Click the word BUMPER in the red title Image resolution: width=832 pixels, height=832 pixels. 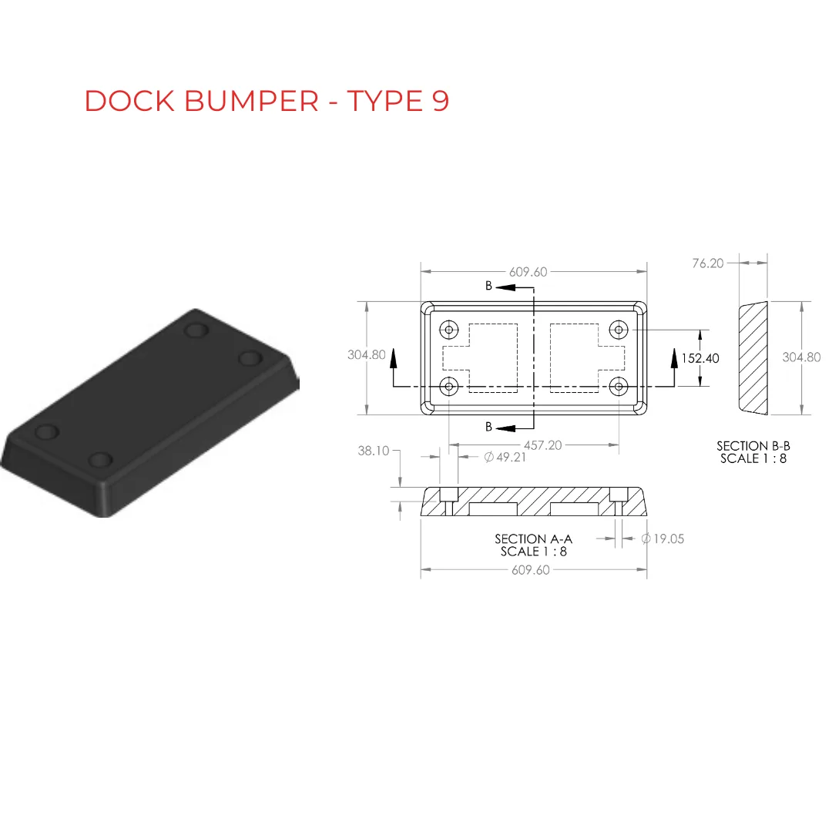(251, 101)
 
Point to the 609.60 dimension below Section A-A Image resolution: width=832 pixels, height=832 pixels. (531, 570)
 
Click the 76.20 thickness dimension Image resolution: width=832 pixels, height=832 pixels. (708, 263)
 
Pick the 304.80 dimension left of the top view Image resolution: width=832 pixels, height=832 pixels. (367, 355)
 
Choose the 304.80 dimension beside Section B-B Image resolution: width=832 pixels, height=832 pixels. (801, 357)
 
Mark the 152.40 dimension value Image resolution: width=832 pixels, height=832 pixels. (700, 358)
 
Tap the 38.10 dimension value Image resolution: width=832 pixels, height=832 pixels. (374, 451)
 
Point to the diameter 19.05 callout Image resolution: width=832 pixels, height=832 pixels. (663, 538)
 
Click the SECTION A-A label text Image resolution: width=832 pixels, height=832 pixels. (533, 539)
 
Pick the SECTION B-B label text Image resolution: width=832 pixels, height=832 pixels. (753, 446)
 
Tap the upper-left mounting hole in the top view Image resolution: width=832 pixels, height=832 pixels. (448, 330)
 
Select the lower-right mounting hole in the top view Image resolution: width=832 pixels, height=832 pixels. (619, 385)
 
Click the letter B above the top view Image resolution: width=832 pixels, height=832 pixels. (488, 286)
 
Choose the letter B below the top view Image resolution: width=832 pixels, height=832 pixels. (488, 426)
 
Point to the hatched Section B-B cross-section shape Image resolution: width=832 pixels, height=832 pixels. (753, 357)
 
